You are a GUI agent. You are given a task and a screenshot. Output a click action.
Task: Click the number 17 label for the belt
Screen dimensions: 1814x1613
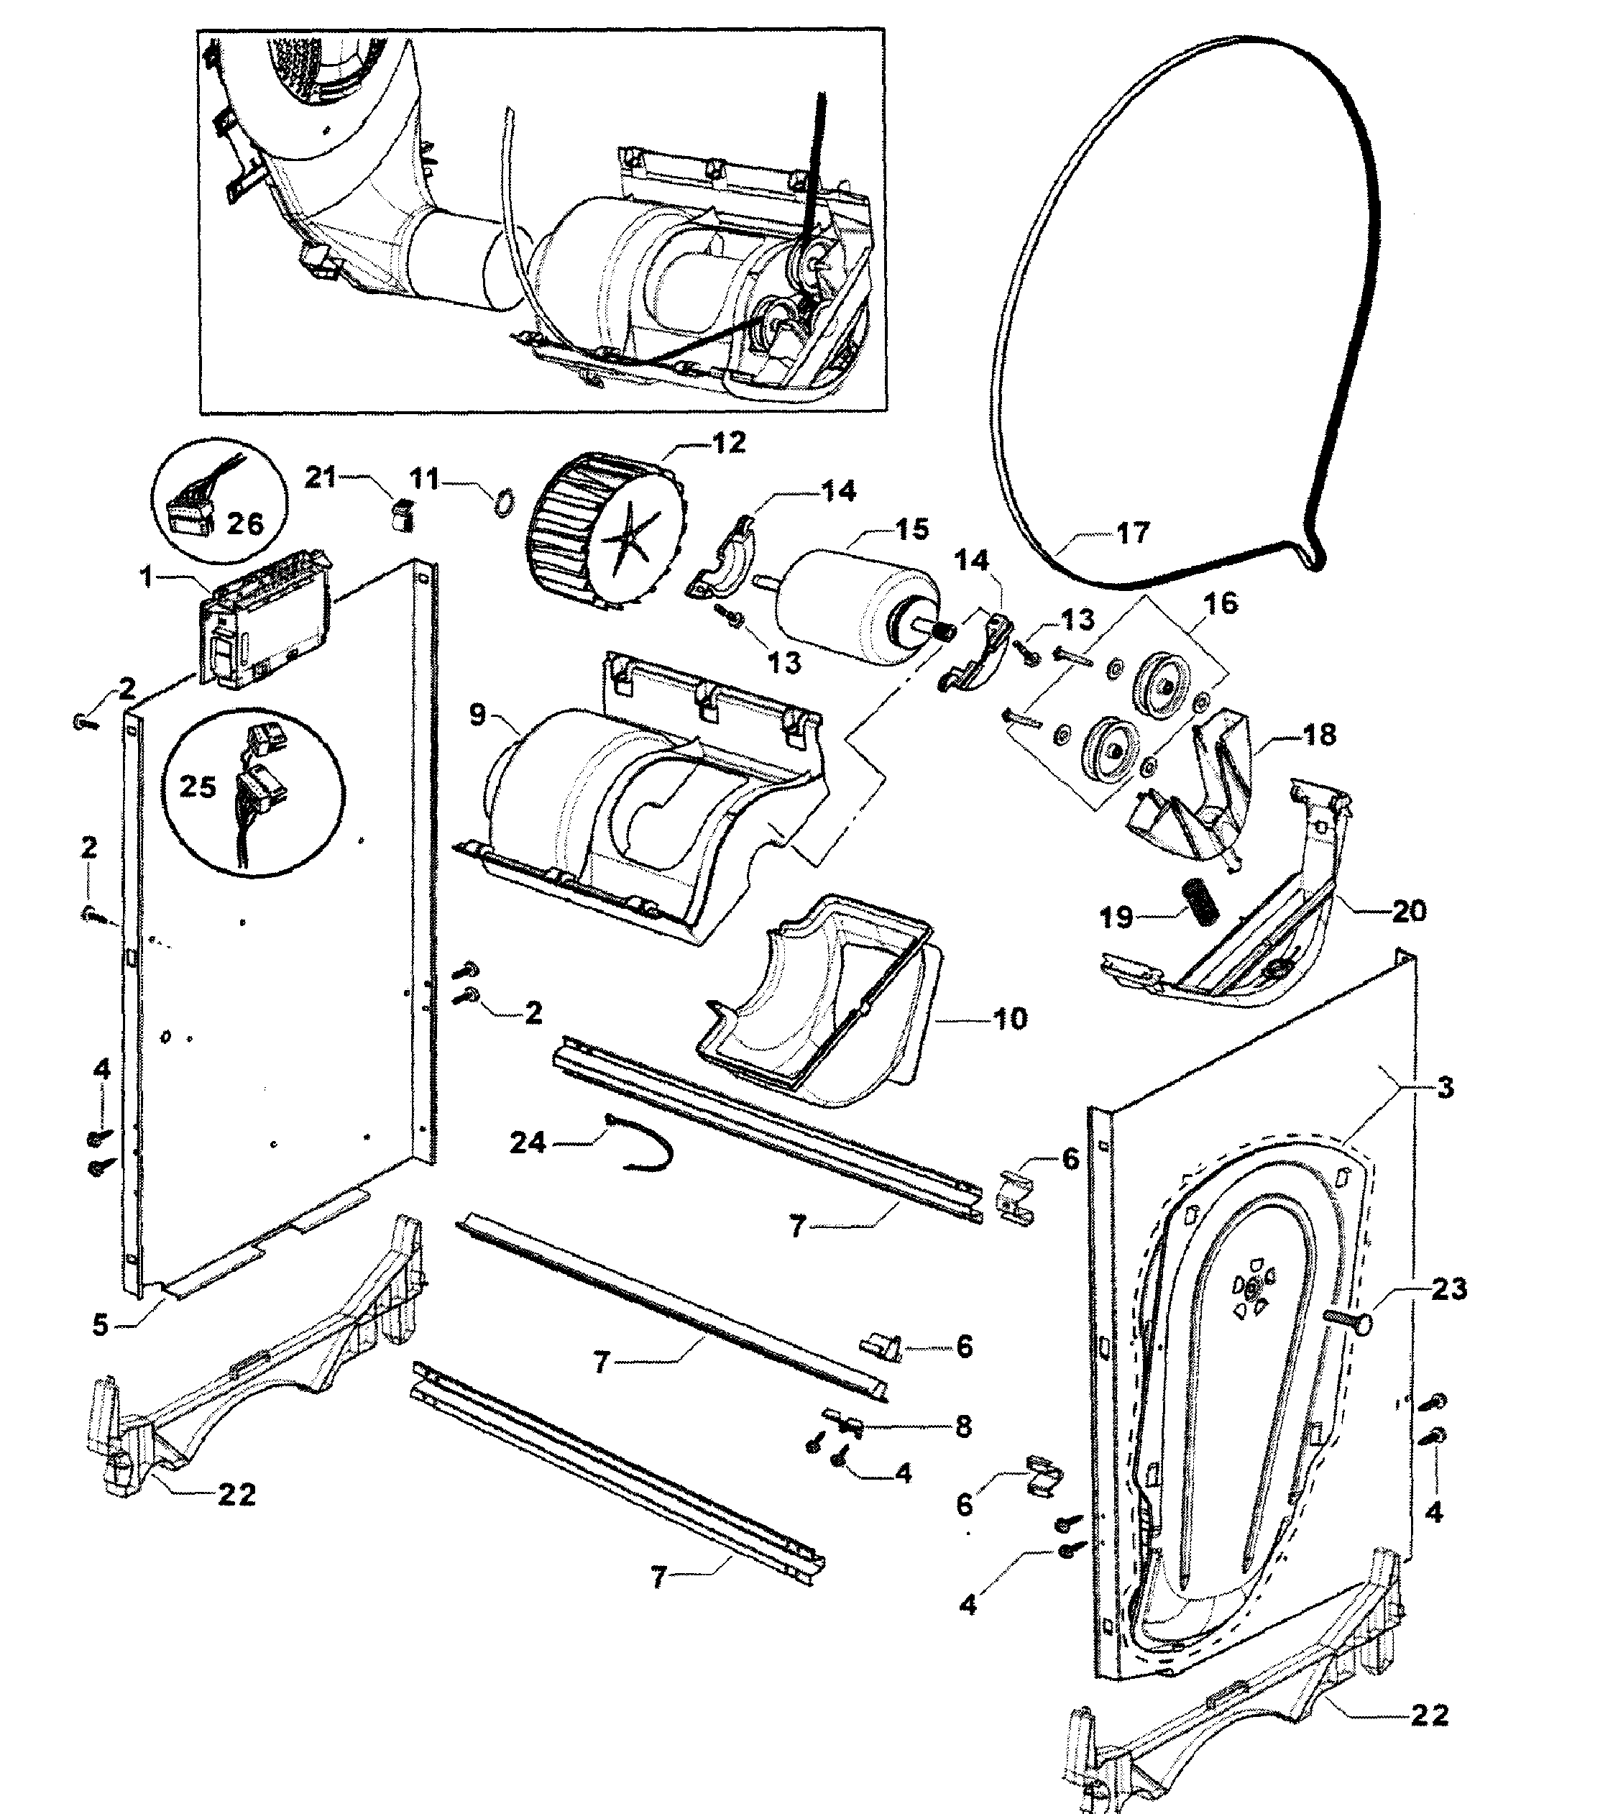point(1132,533)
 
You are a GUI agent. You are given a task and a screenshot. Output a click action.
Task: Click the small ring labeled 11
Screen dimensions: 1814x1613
point(503,504)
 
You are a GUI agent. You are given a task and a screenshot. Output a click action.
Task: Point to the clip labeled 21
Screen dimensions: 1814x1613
point(403,515)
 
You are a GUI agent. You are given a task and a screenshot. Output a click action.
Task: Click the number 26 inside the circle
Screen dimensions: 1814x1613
point(245,523)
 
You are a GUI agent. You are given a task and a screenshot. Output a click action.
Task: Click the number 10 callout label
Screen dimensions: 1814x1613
point(1008,1018)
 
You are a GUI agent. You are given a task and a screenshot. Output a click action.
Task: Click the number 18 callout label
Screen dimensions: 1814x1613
point(1319,735)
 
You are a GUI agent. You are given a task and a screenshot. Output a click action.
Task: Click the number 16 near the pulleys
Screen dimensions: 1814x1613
point(1220,603)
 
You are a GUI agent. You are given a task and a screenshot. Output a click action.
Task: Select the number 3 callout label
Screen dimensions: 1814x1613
point(1444,1087)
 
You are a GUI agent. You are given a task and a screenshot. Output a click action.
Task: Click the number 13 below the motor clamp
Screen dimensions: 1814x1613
point(783,662)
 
